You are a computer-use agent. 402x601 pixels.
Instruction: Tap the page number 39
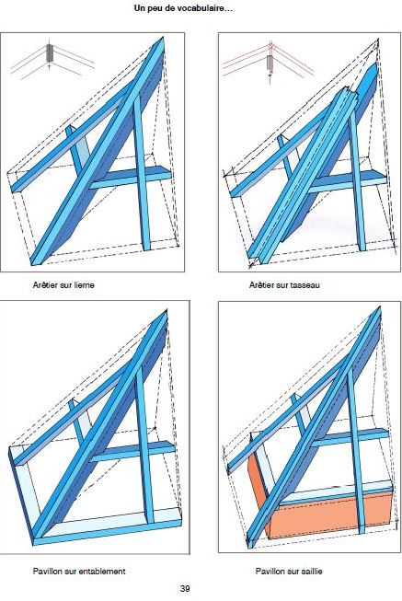point(185,588)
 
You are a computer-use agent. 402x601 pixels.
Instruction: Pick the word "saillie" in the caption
point(311,572)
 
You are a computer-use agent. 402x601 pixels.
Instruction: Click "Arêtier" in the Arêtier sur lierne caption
point(45,285)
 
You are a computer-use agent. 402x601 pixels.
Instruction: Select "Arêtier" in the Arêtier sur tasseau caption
point(262,285)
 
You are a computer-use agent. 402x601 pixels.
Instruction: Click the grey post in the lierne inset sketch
point(50,52)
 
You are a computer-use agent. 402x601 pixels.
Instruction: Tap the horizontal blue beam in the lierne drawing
point(131,178)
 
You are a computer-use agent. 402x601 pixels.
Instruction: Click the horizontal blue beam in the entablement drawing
point(133,451)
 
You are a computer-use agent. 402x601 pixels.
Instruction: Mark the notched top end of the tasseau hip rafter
point(347,92)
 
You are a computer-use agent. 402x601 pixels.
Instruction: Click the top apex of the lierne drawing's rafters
point(163,37)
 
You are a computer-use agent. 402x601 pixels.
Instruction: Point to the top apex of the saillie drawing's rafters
point(379,307)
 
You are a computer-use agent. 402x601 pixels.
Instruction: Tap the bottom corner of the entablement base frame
point(34,544)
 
